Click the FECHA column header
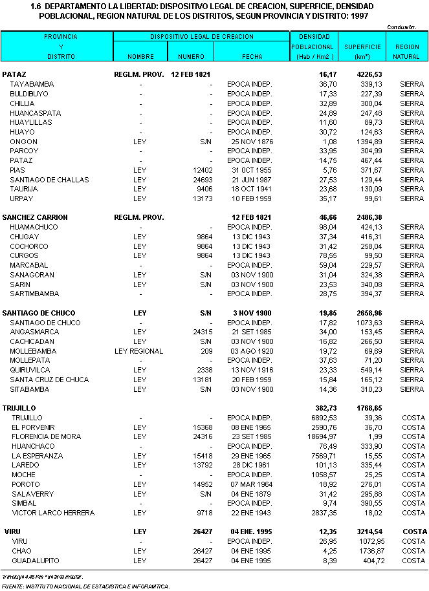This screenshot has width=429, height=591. point(252,56)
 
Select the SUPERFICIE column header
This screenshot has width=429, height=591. point(362,47)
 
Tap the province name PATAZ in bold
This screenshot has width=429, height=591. point(14,75)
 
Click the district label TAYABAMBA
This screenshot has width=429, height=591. point(32,85)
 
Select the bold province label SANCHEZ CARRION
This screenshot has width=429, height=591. point(35,217)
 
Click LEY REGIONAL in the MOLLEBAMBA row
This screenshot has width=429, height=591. point(138,351)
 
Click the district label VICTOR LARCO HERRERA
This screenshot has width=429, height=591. point(53,513)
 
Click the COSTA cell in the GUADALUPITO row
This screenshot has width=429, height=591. point(412,561)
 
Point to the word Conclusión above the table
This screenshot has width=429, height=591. point(401,27)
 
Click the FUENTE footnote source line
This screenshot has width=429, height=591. point(85,586)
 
